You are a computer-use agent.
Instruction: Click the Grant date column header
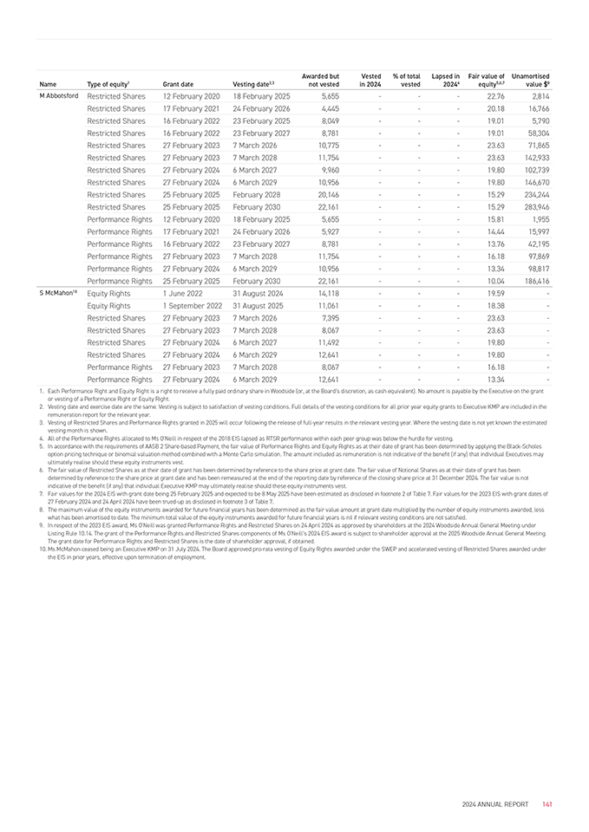pos(177,84)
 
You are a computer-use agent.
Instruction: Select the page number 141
pos(547,804)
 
